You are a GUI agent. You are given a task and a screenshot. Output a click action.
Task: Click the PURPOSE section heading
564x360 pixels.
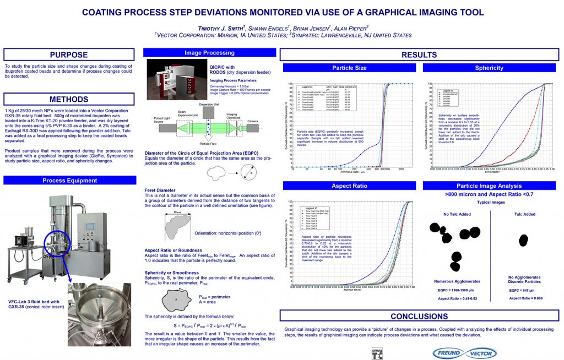pyautogui.click(x=69, y=54)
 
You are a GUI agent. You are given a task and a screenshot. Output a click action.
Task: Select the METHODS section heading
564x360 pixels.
pyautogui.click(x=69, y=100)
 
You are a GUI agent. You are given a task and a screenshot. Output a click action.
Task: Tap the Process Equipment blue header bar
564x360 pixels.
pyautogui.click(x=69, y=181)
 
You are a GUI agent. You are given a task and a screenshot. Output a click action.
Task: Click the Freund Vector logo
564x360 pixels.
pyautogui.click(x=464, y=352)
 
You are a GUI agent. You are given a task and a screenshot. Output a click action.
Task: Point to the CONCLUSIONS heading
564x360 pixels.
pyautogui.click(x=419, y=317)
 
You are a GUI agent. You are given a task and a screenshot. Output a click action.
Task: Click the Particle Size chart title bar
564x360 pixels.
pyautogui.click(x=349, y=68)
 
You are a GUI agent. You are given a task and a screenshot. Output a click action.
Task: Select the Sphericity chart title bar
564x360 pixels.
pyautogui.click(x=489, y=68)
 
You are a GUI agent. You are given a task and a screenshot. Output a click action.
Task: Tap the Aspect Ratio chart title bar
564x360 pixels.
pyautogui.click(x=349, y=186)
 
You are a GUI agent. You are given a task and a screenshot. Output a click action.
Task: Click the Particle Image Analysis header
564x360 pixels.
pyautogui.click(x=489, y=186)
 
